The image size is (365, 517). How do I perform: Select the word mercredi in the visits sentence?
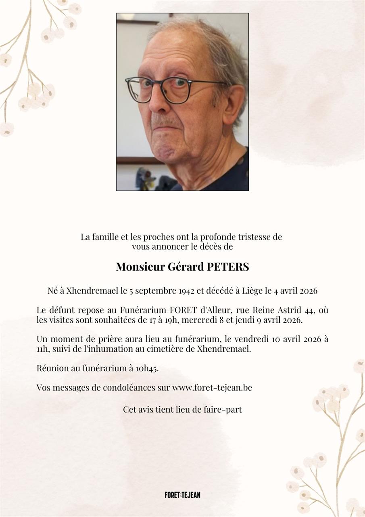point(227,320)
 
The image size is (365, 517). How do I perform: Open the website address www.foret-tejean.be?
point(212,388)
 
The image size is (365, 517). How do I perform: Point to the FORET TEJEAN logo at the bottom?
point(182,495)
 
